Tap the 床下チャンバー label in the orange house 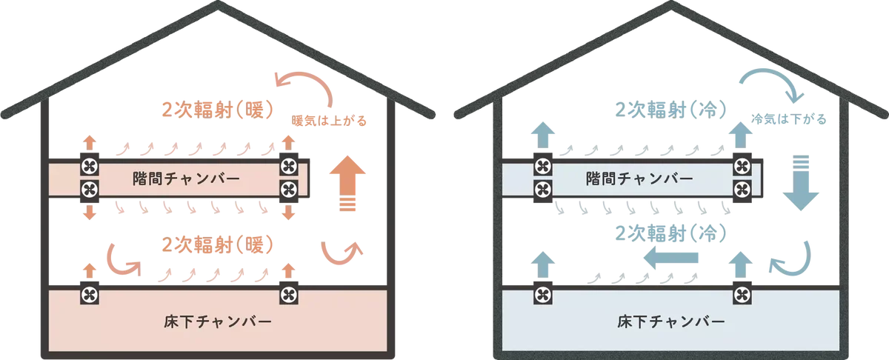(x=216, y=322)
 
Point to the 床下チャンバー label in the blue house (x=670, y=322)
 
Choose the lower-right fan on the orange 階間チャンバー (x=287, y=188)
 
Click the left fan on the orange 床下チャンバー (x=90, y=296)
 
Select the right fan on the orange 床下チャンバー (x=287, y=296)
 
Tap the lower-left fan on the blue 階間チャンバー (x=542, y=188)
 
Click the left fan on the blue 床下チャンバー (x=542, y=296)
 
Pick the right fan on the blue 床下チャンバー (x=742, y=296)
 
